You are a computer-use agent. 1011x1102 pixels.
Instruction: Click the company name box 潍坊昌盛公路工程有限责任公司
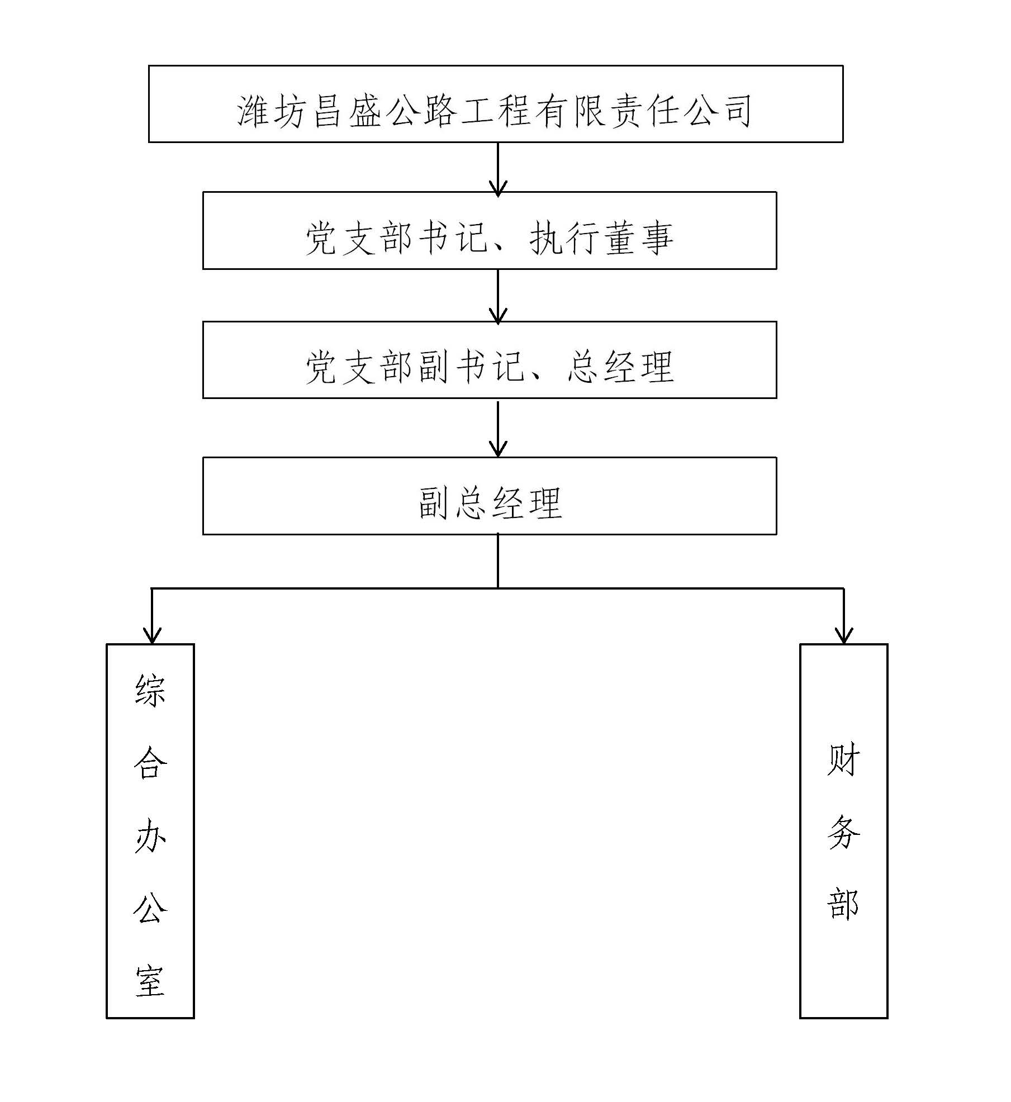click(x=495, y=104)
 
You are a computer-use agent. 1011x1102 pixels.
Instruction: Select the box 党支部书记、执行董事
click(x=490, y=230)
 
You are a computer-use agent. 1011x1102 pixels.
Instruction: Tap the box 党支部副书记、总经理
click(x=490, y=359)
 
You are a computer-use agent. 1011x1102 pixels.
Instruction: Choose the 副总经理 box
click(x=490, y=496)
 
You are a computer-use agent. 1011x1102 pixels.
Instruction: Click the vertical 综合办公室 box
click(x=150, y=831)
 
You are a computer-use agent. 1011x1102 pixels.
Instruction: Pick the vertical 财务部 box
click(x=843, y=831)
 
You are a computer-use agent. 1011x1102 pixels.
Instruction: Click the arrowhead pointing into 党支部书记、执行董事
click(x=498, y=187)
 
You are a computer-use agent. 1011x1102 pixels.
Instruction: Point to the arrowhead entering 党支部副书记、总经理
click(x=498, y=316)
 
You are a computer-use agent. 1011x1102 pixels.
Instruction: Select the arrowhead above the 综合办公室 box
click(x=152, y=635)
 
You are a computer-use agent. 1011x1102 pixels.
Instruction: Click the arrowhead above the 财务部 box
click(x=843, y=635)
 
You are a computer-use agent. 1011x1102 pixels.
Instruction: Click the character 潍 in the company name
click(x=255, y=111)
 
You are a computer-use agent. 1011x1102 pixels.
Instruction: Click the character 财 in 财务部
click(x=843, y=760)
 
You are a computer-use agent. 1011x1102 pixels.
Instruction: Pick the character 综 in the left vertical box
click(x=150, y=691)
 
